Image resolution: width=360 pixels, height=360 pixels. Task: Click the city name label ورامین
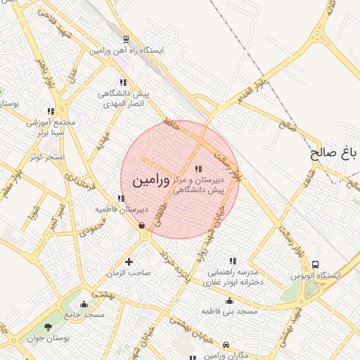pos(150,180)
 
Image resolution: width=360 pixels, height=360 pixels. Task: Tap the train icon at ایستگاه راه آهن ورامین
pos(126,40)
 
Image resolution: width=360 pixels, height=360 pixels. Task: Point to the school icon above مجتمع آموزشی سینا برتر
pos(51,111)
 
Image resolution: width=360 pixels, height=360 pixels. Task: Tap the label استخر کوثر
pos(47,156)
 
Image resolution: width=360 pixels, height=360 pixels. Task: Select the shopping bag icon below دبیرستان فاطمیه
pos(143,225)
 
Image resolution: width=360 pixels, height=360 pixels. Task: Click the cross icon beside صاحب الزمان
pos(129,262)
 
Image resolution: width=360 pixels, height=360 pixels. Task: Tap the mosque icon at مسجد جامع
pos(84,304)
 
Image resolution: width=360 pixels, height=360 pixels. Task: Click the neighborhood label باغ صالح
pos(335,154)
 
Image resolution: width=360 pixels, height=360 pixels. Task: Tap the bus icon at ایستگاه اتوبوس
pos(315,264)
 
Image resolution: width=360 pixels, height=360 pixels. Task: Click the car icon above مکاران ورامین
pos(225,345)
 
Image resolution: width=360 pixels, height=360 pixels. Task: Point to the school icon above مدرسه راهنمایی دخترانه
pos(233,261)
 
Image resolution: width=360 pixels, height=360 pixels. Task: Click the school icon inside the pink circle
pos(198,169)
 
